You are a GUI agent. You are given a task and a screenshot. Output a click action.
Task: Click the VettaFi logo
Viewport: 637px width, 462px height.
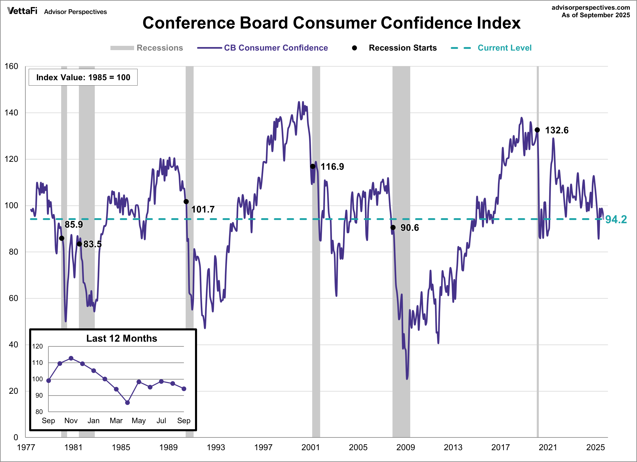(x=22, y=11)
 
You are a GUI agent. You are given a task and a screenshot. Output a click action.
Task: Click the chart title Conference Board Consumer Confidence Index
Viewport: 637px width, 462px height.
(x=331, y=23)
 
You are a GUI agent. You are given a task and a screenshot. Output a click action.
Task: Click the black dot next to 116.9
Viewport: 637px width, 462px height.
(x=313, y=167)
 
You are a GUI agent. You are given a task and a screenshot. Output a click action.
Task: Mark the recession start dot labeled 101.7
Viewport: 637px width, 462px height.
(x=186, y=202)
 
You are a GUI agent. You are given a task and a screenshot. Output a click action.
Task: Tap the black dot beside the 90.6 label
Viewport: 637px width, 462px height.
(x=393, y=228)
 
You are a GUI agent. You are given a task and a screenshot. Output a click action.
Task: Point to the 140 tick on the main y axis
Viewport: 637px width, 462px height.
(x=12, y=113)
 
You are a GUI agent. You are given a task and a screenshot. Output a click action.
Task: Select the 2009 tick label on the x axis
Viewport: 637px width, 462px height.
(x=405, y=447)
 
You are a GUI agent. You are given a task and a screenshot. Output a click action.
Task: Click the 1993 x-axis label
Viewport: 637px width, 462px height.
(x=216, y=447)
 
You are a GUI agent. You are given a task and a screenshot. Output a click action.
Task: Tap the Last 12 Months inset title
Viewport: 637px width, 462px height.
(x=122, y=338)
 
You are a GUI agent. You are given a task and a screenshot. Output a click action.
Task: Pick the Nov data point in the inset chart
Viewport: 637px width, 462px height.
(x=71, y=358)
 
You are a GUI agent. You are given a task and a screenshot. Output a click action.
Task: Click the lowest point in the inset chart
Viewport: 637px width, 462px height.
(x=128, y=403)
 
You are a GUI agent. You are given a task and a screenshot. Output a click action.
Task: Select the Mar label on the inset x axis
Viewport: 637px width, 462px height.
(x=116, y=421)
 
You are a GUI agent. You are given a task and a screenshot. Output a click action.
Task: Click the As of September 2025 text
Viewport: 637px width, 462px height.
(x=595, y=15)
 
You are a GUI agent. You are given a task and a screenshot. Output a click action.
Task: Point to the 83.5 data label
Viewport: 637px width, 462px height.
(x=92, y=244)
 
